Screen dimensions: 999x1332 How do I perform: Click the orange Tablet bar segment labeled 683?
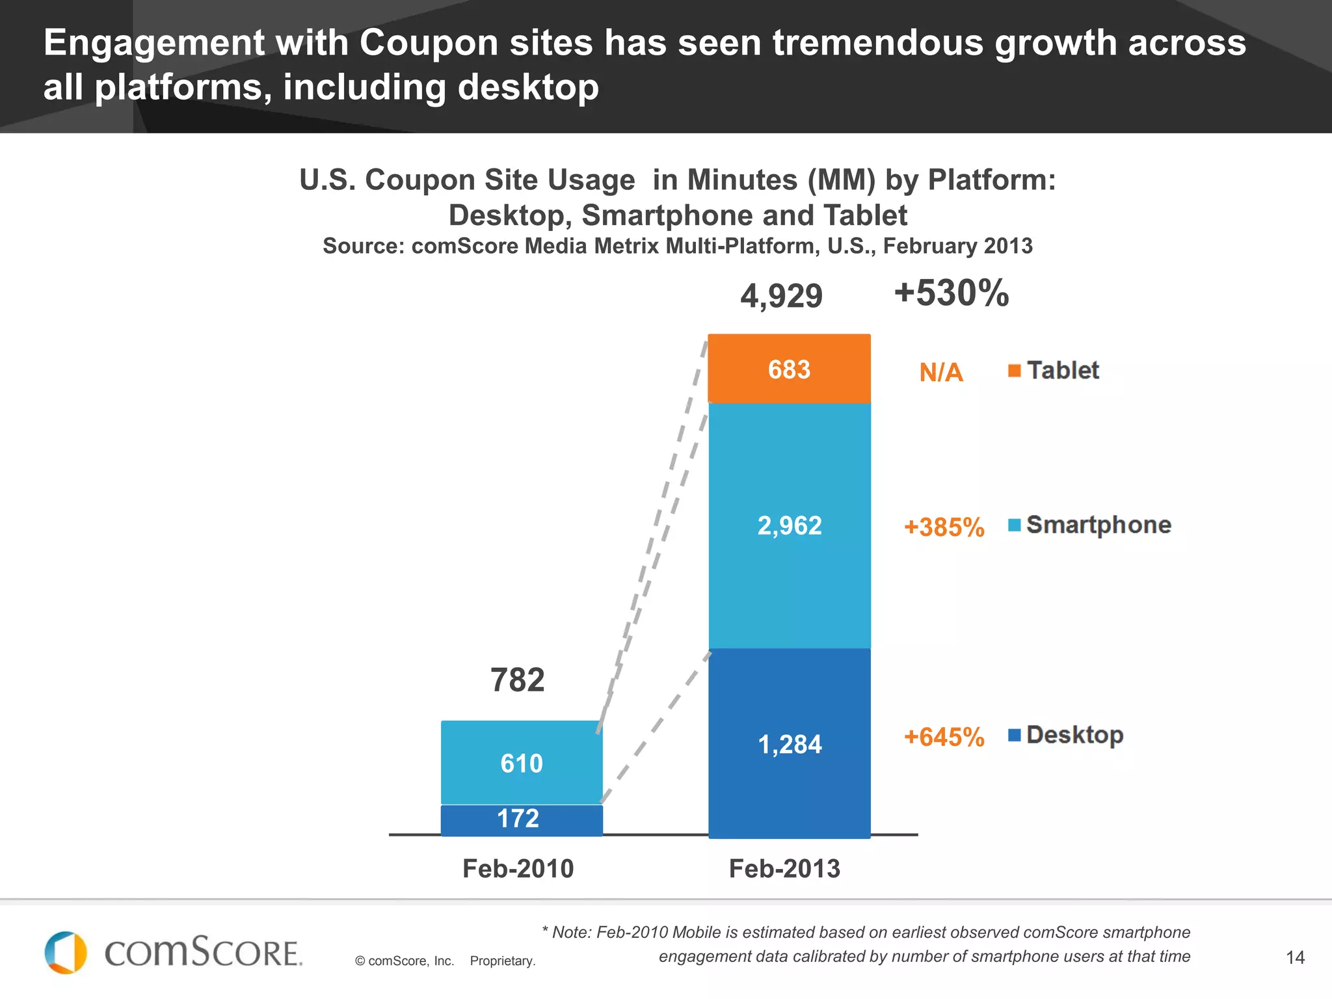(789, 369)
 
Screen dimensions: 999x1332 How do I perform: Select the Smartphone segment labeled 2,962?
(789, 526)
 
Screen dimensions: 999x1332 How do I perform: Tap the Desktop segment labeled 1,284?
(789, 744)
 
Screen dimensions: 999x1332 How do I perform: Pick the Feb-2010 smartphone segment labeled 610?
(522, 763)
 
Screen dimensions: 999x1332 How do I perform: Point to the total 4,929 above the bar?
(781, 297)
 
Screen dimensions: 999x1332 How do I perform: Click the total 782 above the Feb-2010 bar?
(517, 680)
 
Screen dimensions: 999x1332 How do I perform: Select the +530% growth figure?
(951, 293)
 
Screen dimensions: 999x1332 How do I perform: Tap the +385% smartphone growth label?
(944, 527)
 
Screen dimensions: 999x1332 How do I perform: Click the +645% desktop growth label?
(944, 738)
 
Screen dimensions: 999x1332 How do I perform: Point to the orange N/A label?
(940, 373)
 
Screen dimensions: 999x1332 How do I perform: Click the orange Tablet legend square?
(1014, 371)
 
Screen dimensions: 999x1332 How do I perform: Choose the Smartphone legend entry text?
(1099, 525)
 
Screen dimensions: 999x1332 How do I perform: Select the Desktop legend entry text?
(1074, 735)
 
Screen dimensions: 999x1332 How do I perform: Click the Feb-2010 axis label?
(518, 869)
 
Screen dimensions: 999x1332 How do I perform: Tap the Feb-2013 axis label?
(784, 869)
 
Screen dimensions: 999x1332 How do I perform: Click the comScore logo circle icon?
(66, 953)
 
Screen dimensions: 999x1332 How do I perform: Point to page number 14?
(1295, 957)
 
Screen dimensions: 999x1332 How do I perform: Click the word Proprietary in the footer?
(502, 961)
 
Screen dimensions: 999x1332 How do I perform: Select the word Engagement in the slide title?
(153, 43)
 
